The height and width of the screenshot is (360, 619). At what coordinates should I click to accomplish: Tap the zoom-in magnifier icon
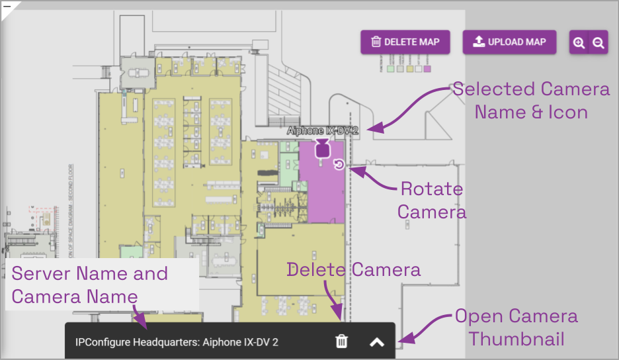579,42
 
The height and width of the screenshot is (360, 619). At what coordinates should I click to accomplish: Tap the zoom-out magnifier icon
598,42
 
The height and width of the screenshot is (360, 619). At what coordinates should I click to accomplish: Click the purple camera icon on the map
322,149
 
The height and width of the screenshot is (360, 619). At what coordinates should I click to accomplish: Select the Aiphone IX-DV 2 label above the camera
322,131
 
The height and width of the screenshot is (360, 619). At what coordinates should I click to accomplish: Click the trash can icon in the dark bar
341,341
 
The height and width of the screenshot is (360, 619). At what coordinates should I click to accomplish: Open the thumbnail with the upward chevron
377,341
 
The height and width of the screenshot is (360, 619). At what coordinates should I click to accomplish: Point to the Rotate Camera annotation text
432,200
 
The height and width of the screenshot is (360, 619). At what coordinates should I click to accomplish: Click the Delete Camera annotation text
354,269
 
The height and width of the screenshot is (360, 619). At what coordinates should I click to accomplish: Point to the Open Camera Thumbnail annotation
516,328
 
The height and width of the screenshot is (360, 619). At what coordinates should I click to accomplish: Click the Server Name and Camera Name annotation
90,285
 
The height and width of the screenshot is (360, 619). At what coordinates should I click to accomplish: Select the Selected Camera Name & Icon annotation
531,100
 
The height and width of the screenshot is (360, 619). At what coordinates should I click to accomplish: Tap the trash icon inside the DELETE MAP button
376,42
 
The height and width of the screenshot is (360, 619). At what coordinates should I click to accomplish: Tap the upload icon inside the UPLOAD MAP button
479,42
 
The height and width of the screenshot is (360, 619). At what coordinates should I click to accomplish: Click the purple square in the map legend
427,69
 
